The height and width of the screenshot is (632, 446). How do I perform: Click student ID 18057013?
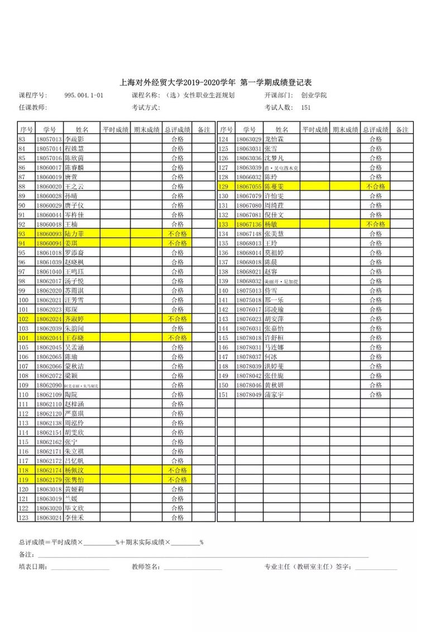pos(49,139)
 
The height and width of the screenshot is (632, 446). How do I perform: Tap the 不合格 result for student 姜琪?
pos(178,243)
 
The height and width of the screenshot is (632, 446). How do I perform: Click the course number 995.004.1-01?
pos(84,96)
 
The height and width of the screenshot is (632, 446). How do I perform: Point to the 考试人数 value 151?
pos(306,107)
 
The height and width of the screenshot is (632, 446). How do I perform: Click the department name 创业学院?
pos(314,96)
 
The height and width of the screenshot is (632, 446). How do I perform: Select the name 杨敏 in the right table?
pos(271,224)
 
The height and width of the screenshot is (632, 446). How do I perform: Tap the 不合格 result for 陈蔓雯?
pos(376,186)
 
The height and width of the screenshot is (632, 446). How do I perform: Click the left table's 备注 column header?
pos(204,130)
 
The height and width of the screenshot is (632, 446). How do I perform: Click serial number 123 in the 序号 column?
pos(23,518)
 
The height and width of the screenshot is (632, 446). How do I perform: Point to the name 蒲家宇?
pos(274,395)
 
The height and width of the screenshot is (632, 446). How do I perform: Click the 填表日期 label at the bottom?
pos(32,567)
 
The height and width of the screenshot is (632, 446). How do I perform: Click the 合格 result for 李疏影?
pos(178,139)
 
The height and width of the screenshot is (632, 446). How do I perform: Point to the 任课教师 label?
pos(32,107)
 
